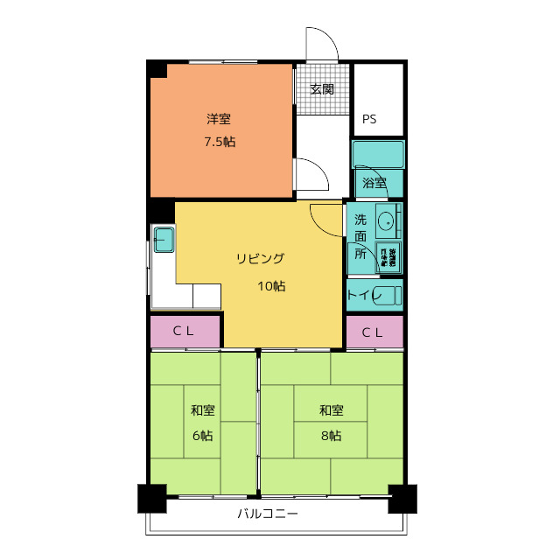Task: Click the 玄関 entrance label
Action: pyautogui.click(x=322, y=89)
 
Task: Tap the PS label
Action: pyautogui.click(x=369, y=120)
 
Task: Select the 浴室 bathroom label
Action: pyautogui.click(x=374, y=183)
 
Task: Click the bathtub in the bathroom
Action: pyautogui.click(x=378, y=155)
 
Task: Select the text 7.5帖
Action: pyautogui.click(x=220, y=142)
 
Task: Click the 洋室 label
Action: pyautogui.click(x=220, y=120)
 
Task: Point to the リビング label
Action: pyautogui.click(x=260, y=259)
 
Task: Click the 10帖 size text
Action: pyautogui.click(x=272, y=286)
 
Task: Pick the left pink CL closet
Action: pyautogui.click(x=183, y=332)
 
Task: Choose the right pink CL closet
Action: pyautogui.click(x=373, y=332)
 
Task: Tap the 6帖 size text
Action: pyautogui.click(x=203, y=435)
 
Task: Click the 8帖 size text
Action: pyautogui.click(x=330, y=435)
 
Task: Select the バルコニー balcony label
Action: pyautogui.click(x=268, y=514)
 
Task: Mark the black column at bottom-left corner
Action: pyautogui.click(x=151, y=499)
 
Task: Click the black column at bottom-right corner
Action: pyautogui.click(x=402, y=499)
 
